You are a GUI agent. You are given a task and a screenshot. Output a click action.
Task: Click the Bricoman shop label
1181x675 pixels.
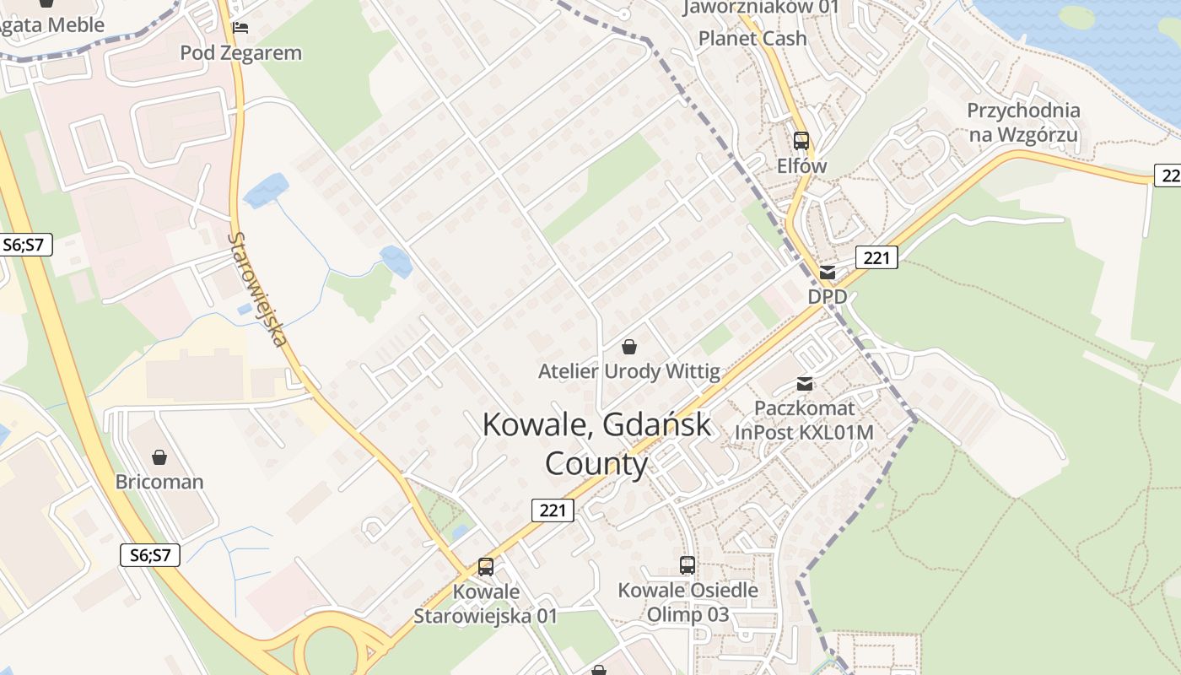coord(159,482)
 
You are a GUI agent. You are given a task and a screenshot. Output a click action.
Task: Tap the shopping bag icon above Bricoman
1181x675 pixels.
coord(159,457)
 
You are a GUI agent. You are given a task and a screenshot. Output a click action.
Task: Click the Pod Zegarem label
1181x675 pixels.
coord(240,53)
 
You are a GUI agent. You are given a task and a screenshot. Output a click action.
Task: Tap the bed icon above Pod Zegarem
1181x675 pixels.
coord(240,28)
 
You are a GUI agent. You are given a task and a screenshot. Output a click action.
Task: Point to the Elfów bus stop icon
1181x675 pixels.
coord(801,141)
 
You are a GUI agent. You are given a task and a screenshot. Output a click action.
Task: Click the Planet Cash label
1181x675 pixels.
coord(752,39)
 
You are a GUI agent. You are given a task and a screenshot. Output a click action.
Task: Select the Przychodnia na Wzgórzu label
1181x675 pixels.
coord(1023,122)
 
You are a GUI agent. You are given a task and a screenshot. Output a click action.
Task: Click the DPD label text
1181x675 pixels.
coord(827,297)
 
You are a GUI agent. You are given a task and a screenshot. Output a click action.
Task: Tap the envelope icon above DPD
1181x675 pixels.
coord(828,273)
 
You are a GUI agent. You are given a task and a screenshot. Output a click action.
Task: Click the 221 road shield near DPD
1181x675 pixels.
coord(876,257)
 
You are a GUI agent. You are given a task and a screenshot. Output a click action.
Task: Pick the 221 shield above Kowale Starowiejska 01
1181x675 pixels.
coord(553,510)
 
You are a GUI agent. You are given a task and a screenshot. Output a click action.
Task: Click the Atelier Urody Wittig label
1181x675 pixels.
coord(629,371)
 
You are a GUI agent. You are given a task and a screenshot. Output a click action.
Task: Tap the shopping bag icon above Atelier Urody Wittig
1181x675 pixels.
coord(628,346)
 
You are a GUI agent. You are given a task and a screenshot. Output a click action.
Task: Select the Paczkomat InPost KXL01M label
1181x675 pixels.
coord(804,420)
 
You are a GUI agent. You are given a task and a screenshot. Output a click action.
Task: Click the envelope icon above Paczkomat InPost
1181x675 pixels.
coord(805,384)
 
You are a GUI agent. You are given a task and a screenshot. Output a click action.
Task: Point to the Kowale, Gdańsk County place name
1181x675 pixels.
coord(596,444)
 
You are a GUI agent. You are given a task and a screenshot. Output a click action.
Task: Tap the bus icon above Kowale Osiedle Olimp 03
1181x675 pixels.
coord(688,565)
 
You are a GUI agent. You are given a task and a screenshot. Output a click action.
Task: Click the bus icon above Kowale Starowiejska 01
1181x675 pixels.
coord(486,567)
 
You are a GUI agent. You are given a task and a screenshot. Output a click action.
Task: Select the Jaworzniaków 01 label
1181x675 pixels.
coord(761,8)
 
